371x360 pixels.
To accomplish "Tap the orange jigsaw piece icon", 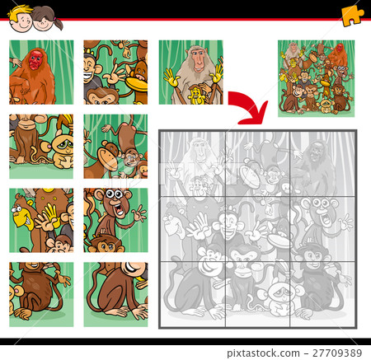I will (353, 14).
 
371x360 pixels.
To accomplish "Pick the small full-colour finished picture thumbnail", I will (316, 78).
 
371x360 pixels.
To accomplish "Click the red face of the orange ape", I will (35, 59).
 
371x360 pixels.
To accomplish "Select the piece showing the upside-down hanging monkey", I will (115, 147).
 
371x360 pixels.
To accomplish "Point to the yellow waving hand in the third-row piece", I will (49, 217).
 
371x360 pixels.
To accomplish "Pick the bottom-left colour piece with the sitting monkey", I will (41, 289).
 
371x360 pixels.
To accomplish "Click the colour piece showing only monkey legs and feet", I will (115, 289).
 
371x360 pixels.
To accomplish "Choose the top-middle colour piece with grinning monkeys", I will (115, 72).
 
